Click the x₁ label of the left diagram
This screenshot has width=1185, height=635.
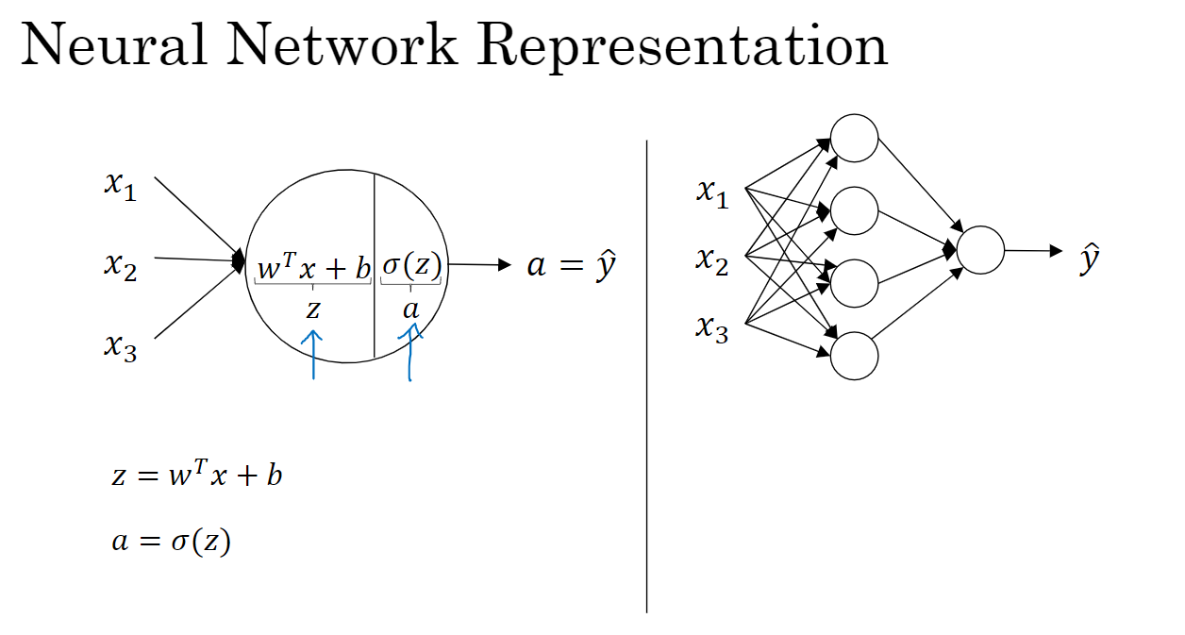(120, 185)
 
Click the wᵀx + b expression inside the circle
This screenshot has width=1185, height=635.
(314, 268)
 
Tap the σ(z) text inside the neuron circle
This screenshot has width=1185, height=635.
(411, 267)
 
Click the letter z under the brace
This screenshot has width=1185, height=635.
(312, 308)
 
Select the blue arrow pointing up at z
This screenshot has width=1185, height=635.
(312, 354)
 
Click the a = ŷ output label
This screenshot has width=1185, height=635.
(571, 266)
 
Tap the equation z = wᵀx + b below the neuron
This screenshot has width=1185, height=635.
(196, 475)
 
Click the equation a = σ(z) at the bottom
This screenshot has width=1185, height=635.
(170, 543)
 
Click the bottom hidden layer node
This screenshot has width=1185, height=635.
(855, 356)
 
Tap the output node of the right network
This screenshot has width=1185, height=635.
(980, 251)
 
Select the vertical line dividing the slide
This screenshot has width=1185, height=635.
(647, 377)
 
